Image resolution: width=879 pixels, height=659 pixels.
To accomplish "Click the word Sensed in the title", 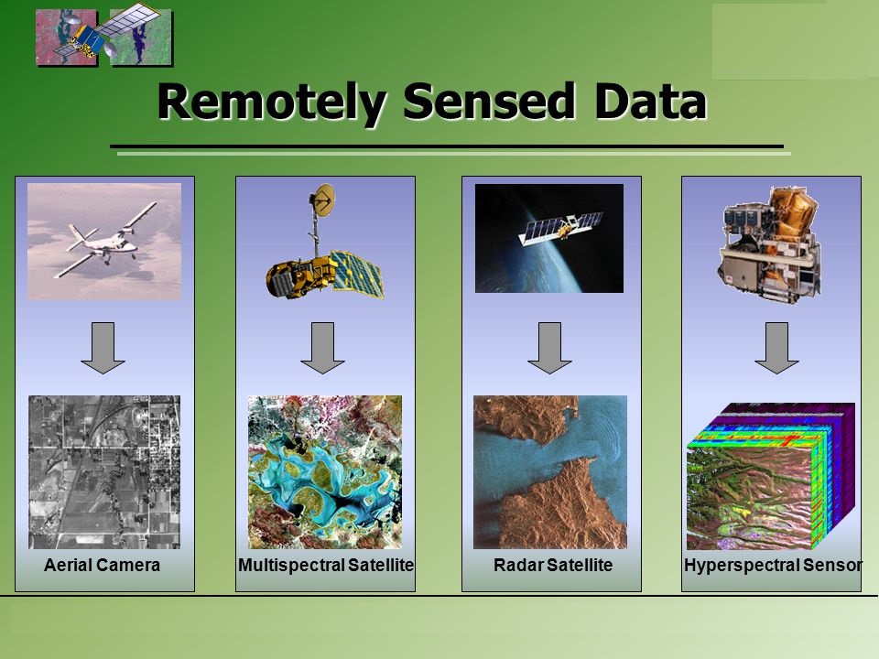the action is point(489,102).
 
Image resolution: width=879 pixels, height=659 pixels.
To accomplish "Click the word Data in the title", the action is point(650,102).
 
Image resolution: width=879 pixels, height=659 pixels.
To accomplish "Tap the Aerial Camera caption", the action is point(102,565).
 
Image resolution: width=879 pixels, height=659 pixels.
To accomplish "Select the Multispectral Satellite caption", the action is point(326,565).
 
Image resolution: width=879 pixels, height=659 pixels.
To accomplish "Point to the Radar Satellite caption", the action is point(553,565).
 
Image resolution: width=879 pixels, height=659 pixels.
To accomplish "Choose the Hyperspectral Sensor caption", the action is point(773,565).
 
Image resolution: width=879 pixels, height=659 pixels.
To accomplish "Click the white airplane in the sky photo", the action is point(106,241).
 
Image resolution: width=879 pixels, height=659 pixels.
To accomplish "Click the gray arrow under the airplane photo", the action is point(103,348).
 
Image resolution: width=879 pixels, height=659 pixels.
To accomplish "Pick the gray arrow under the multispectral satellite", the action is point(322,348).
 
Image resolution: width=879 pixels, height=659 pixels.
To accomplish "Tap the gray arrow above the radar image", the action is point(549,348).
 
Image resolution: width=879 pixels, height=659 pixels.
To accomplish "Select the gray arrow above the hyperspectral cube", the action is point(776,348).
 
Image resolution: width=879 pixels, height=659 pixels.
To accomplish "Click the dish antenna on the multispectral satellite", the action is point(323,200).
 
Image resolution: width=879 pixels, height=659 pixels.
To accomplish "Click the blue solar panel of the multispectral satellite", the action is point(356,274).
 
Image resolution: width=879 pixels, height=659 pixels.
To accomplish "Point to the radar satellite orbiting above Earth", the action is point(560,227).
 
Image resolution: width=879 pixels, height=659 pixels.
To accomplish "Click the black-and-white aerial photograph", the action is point(104,472).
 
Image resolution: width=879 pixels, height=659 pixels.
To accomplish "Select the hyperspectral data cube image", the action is point(771,476).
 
